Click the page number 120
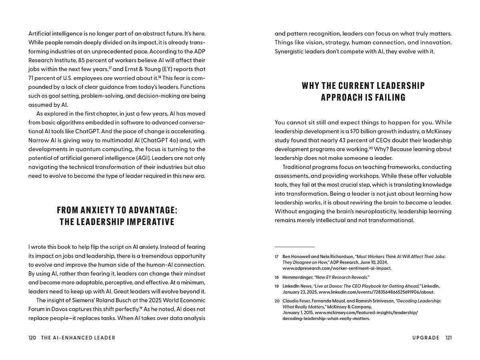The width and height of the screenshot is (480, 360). (32, 338)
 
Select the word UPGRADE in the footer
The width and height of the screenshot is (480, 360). (426, 338)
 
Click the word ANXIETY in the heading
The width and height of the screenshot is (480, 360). (98, 210)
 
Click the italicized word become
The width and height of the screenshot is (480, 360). (416, 202)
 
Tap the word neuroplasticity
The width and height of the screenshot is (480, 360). (372, 211)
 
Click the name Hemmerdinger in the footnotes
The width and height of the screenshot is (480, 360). (298, 277)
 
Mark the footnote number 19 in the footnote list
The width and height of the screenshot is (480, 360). (277, 286)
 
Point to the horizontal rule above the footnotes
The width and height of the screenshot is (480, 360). (294, 247)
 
